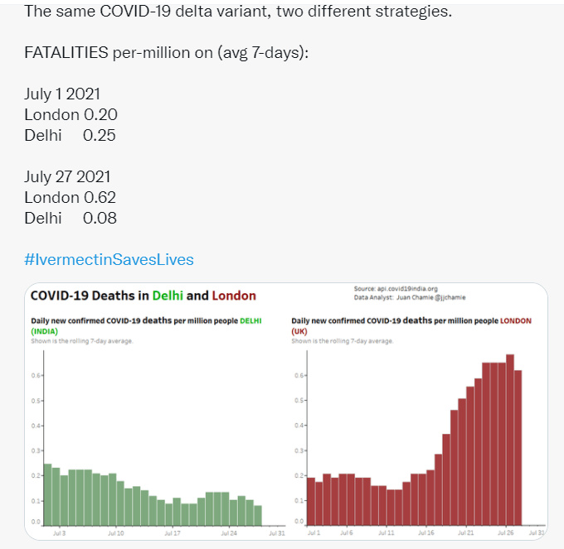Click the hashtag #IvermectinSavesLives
[x=109, y=259]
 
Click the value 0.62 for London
[x=100, y=197]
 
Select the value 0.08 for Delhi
[x=100, y=218]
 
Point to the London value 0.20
[x=100, y=114]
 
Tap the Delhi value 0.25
[x=100, y=135]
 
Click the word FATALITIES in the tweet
[x=66, y=53]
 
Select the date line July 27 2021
[x=67, y=176]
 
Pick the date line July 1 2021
[x=62, y=94]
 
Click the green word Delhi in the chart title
[x=168, y=296]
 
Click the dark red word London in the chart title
[x=234, y=296]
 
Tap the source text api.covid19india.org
[x=406, y=288]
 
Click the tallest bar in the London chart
[x=510, y=439]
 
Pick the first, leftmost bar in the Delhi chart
[x=48, y=494]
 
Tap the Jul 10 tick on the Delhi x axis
[x=116, y=534]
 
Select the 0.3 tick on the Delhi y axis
[x=36, y=450]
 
